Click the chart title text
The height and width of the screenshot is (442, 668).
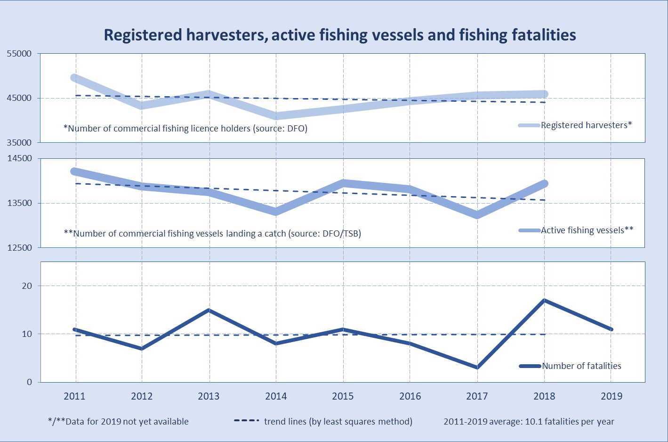point(339,35)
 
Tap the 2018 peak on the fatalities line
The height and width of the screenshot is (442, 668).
point(545,300)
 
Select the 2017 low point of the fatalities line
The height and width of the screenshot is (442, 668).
point(477,367)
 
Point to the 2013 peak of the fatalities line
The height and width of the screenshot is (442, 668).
point(209,310)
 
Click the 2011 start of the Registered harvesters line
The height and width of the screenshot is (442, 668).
point(74,77)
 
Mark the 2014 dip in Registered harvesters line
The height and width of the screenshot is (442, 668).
point(276,116)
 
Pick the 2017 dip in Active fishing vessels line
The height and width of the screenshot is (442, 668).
point(477,215)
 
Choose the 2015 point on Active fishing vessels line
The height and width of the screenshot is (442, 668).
point(343,183)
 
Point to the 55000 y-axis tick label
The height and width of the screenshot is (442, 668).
point(19,54)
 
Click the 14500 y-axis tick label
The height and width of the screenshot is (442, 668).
point(19,158)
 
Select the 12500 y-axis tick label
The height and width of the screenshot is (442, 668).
point(19,248)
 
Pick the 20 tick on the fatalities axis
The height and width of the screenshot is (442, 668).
point(27,286)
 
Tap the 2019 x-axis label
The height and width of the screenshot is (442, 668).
point(612,396)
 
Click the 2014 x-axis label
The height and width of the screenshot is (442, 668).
point(276,396)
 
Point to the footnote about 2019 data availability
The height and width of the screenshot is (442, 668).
point(118,422)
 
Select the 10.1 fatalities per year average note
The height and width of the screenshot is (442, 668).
point(529,422)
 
